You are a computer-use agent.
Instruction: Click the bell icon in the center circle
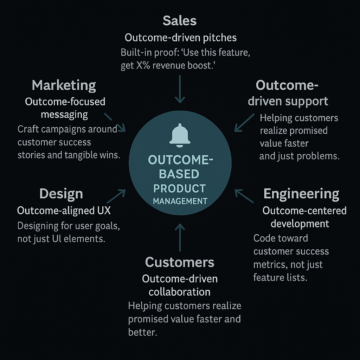click(180, 135)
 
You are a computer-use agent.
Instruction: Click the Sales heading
click(180, 21)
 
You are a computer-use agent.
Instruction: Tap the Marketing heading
click(64, 85)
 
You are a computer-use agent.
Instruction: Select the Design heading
click(61, 194)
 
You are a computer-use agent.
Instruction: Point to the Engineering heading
click(301, 194)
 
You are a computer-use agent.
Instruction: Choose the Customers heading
click(180, 262)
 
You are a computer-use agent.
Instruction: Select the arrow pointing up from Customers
click(180, 237)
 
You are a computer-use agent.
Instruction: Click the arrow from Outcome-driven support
click(244, 123)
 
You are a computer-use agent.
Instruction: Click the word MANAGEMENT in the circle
click(180, 201)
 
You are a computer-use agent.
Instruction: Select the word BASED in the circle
click(179, 174)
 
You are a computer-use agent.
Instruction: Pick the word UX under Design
click(102, 211)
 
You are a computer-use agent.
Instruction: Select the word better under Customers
click(142, 332)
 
